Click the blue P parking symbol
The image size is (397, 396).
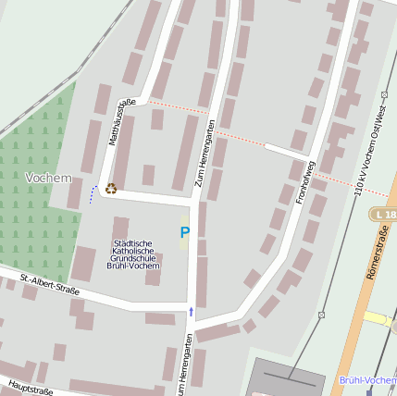pos(184,233)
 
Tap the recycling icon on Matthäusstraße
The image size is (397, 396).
pos(111,188)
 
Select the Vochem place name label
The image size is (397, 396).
pos(48,177)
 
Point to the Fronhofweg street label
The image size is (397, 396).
pos(306,181)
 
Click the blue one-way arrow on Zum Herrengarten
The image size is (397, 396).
pos(192,312)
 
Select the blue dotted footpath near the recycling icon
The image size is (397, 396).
pos(92,194)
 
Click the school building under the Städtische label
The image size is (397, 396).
pos(120,229)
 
